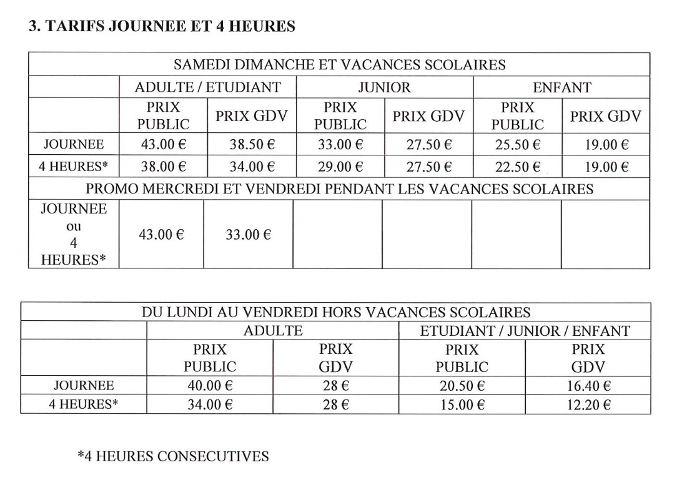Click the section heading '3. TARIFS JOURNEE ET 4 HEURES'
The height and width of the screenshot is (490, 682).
162,26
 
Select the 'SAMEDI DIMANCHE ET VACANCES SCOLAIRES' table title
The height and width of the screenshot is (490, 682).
339,64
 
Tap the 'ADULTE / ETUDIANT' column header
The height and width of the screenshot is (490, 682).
207,87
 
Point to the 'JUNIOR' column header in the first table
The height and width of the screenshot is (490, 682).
384,87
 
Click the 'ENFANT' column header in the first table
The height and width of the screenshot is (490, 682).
561,87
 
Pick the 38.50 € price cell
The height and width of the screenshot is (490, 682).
252,145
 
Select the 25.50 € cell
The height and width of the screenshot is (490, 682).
517,145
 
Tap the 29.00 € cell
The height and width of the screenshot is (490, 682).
340,167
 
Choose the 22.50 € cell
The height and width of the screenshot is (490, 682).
517,167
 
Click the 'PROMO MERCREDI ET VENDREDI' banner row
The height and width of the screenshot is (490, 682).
339,189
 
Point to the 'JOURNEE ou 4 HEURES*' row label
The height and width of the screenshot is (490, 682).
73,234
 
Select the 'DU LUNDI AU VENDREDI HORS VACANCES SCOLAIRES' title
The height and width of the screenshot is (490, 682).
335,312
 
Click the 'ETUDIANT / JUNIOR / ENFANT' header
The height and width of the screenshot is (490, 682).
525,330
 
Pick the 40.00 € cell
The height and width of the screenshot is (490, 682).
210,386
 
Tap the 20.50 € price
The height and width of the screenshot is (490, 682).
462,386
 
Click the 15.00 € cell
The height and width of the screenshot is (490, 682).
462,404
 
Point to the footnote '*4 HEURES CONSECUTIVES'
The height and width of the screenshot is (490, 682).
173,456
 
